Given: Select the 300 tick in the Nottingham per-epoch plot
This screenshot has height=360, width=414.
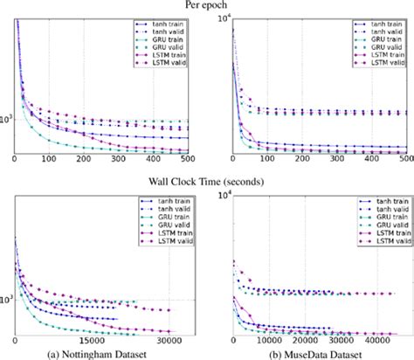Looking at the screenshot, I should [120, 159].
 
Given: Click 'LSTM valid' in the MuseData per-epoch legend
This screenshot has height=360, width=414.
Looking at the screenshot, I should [386, 64].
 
